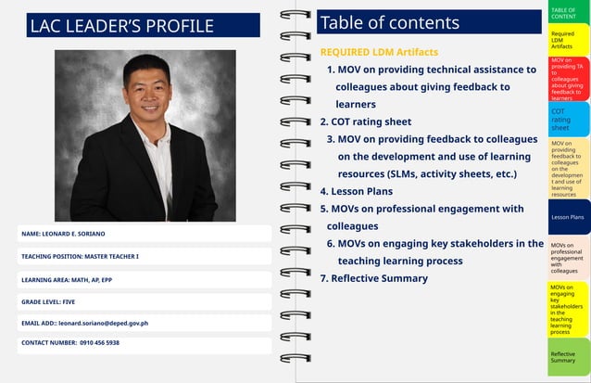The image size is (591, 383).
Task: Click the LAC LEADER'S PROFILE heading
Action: [121, 26]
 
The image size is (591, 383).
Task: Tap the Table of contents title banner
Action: [428, 22]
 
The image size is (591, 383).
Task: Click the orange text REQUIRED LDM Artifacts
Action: [379, 52]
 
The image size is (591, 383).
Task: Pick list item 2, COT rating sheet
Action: [366, 121]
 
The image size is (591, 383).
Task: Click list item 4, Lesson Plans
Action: [357, 191]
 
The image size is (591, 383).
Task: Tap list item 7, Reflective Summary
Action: [374, 278]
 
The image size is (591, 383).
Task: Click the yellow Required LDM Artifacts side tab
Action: [567, 40]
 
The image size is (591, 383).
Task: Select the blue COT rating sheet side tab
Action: [567, 119]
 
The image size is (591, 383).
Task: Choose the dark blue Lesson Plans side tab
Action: [568, 217]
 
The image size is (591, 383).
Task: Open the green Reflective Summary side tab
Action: [567, 356]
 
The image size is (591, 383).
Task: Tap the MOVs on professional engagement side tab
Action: [568, 258]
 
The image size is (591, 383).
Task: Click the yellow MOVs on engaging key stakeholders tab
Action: [567, 309]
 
